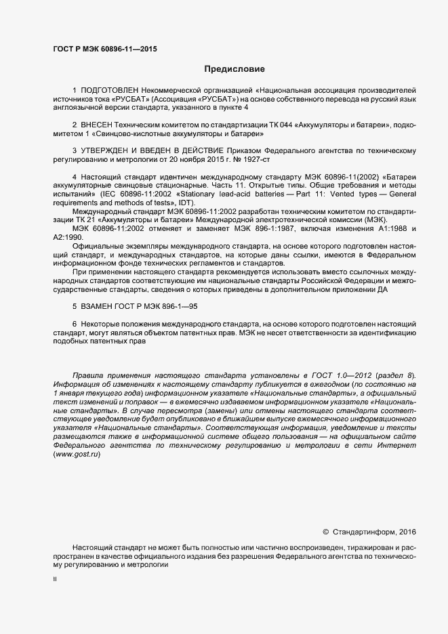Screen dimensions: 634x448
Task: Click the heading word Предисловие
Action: coord(235,69)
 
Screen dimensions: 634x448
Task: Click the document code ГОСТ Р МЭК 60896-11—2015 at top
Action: coord(105,48)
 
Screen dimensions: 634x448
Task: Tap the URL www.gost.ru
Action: coord(77,454)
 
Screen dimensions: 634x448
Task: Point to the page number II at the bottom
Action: coord(55,580)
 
